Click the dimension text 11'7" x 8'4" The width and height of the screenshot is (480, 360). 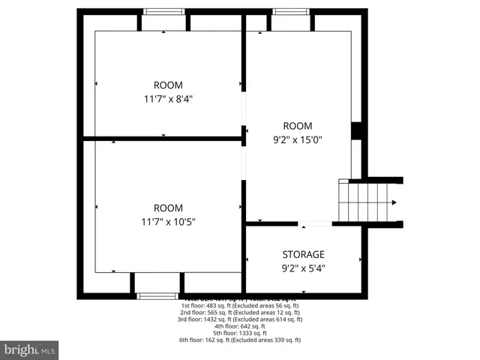(168, 98)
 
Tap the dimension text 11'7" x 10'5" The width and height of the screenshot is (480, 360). (168, 221)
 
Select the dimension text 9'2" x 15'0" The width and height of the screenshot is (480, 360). (297, 139)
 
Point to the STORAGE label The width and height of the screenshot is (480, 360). (303, 254)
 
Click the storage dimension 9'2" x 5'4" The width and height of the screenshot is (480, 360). (303, 268)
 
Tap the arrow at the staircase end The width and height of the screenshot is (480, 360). (394, 202)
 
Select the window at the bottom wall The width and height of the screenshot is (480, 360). (157, 296)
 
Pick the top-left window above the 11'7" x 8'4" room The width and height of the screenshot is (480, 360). (164, 11)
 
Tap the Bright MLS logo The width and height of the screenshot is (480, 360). (30, 349)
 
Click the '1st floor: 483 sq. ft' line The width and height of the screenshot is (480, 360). (240, 306)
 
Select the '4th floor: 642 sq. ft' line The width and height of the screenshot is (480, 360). (240, 326)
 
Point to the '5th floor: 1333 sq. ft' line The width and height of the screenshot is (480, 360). (240, 333)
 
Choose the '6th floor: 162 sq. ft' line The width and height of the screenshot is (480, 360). (240, 340)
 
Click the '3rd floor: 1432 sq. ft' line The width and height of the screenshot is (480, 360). (240, 319)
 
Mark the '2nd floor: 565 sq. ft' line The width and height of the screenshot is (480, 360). (240, 313)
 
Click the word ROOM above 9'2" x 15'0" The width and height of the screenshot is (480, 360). (297, 126)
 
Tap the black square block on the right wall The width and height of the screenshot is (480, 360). (357, 130)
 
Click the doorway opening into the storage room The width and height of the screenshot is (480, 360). (315, 223)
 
